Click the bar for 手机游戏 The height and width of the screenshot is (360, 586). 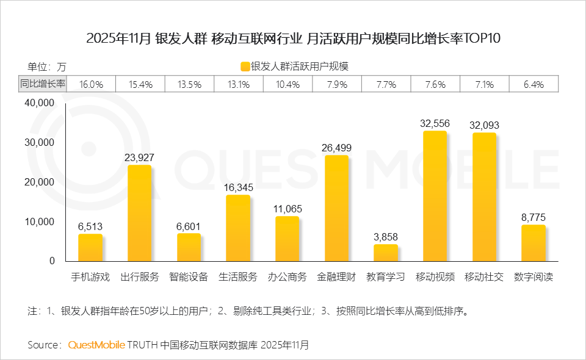[x=90, y=247]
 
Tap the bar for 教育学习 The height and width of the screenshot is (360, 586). [x=385, y=253]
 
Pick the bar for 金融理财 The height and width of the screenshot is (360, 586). [x=336, y=208]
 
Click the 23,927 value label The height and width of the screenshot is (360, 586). [x=139, y=157]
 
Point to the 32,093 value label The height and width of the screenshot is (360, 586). [x=484, y=125]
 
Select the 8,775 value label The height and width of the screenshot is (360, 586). [x=533, y=217]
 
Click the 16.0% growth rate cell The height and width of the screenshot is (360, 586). [x=91, y=84]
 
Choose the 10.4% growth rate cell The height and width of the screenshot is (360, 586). [x=288, y=84]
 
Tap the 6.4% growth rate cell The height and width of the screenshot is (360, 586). [x=533, y=84]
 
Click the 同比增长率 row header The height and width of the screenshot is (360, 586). [x=42, y=84]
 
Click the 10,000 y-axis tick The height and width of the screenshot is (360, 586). [x=39, y=221]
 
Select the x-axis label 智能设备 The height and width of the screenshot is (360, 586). [x=189, y=277]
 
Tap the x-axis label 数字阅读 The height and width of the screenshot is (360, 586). [x=533, y=277]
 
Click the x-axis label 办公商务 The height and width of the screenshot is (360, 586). [x=287, y=277]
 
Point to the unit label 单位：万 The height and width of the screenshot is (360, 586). [x=46, y=67]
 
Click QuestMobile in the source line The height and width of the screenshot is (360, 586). [x=96, y=345]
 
